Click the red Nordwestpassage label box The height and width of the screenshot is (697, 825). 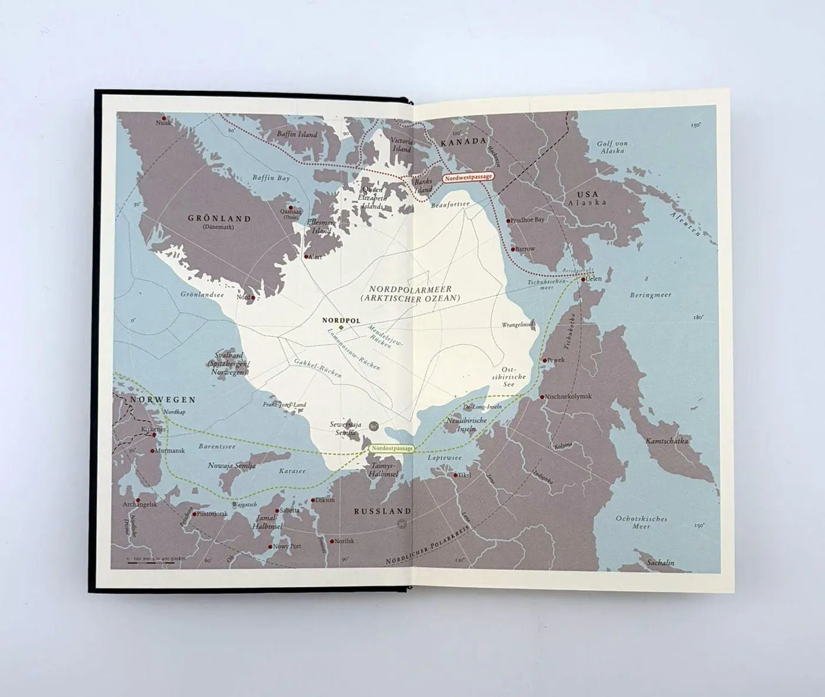click(x=468, y=177)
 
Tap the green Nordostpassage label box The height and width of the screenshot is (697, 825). click(x=392, y=449)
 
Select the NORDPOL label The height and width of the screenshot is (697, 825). click(x=341, y=320)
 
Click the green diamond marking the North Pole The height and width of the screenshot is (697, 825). click(x=341, y=327)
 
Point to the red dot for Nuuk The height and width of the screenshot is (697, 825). click(x=163, y=118)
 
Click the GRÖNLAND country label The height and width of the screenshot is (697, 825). click(x=220, y=218)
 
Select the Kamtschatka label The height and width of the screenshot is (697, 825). click(x=667, y=441)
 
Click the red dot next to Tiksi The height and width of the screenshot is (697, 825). click(x=456, y=475)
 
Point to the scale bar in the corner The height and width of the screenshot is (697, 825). click(x=151, y=561)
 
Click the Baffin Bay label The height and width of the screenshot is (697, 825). click(x=271, y=178)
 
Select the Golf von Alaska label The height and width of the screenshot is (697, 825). click(x=612, y=147)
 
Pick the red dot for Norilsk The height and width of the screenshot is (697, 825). click(x=331, y=541)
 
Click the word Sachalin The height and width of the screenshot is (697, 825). click(x=660, y=562)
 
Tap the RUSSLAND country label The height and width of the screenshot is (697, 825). click(x=382, y=511)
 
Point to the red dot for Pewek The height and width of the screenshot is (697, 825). click(x=545, y=360)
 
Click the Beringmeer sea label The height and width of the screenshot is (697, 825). click(x=650, y=294)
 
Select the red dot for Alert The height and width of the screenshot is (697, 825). click(x=306, y=257)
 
